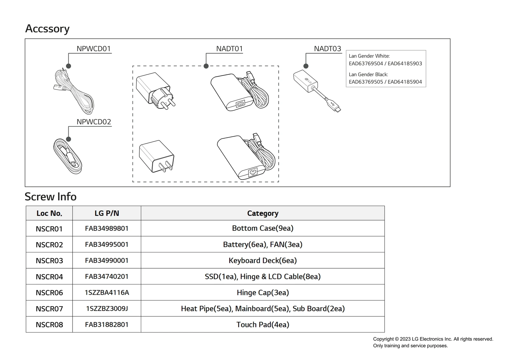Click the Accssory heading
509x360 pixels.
tap(47, 29)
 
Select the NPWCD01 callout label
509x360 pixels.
tap(94, 49)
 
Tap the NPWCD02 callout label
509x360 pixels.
tap(94, 122)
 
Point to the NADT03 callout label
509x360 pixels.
tap(327, 49)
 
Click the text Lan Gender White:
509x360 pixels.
tap(369, 56)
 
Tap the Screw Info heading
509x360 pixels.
tap(51, 197)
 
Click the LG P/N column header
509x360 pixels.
tap(107, 213)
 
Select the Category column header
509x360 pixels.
tap(263, 213)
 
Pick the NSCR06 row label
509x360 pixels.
tap(49, 293)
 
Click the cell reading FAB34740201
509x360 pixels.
tap(107, 277)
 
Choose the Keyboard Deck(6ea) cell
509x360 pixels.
tap(263, 261)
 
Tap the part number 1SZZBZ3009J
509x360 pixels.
tap(107, 309)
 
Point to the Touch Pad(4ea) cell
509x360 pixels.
tap(263, 325)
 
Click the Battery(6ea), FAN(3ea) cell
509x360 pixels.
tap(263, 244)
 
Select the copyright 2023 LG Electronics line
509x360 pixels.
tap(433, 339)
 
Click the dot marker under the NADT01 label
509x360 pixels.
tap(206, 66)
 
